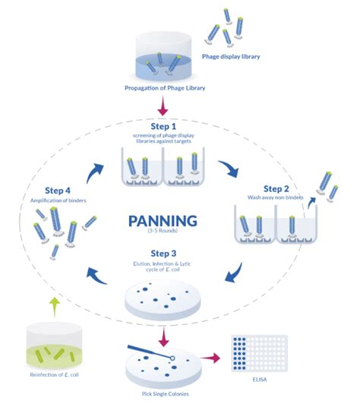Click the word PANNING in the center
[x=163, y=221]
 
